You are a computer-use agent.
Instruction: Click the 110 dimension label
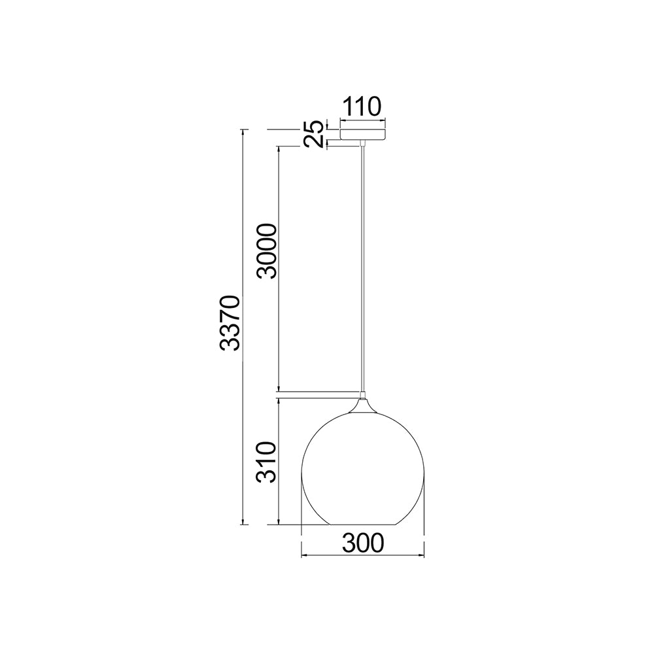362,106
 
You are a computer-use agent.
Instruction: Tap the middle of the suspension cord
363,268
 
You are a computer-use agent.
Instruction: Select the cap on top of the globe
363,400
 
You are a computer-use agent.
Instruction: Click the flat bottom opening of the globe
363,525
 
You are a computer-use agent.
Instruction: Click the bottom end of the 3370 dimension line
245,525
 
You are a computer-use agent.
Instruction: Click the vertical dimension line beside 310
280,461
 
